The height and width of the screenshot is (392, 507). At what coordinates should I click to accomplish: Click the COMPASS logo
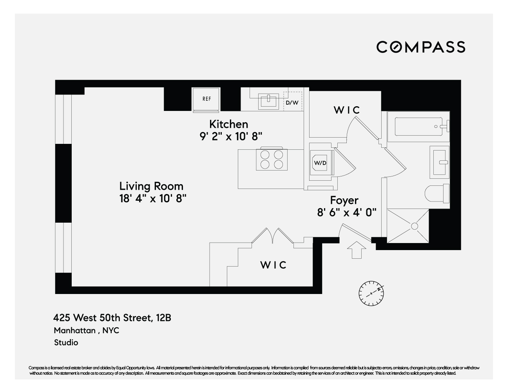coord(420,47)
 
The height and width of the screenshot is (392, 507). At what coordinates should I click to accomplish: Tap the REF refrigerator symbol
coord(206,99)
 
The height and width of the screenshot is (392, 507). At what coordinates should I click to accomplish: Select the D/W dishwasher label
coord(292,103)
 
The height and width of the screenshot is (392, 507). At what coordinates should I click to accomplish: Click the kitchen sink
coord(268,101)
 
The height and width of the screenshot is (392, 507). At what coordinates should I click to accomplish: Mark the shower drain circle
coord(414,226)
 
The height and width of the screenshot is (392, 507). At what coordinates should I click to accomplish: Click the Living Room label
coord(151,186)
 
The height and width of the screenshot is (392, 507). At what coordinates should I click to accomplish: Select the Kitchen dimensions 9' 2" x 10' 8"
coord(230,136)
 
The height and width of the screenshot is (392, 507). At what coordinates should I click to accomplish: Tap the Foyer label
coord(344,200)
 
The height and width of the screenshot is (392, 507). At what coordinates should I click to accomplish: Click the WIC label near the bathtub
coord(346,110)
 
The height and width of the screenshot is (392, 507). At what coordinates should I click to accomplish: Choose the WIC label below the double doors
coord(273,265)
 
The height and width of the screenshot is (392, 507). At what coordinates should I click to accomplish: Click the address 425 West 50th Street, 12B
coord(112,318)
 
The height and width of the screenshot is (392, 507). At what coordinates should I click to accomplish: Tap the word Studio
coord(66,343)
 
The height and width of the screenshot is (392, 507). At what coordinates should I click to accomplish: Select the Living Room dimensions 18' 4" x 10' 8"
coord(152,198)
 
